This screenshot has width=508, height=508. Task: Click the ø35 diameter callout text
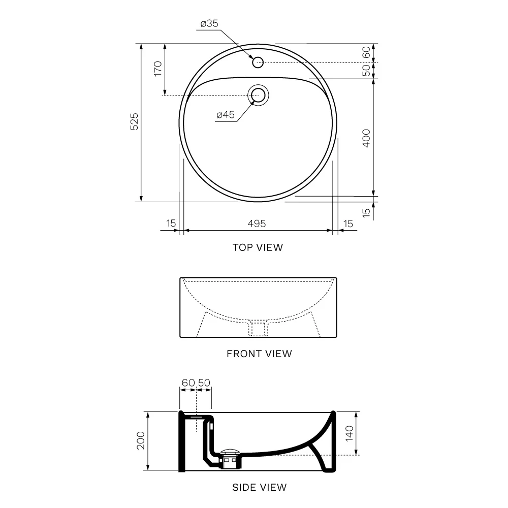click(x=209, y=24)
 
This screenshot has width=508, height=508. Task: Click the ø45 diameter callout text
click(x=226, y=115)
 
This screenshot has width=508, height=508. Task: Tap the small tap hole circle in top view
click(x=258, y=62)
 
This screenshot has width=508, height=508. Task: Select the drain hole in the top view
click(x=258, y=96)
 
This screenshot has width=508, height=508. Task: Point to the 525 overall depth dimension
click(x=134, y=121)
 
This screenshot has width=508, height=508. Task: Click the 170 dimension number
click(x=158, y=69)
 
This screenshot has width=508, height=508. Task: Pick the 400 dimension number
click(x=366, y=138)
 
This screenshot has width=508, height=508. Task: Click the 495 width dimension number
click(x=257, y=224)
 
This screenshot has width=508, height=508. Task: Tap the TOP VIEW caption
click(x=258, y=247)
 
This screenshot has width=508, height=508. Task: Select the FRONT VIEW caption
click(x=259, y=354)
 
